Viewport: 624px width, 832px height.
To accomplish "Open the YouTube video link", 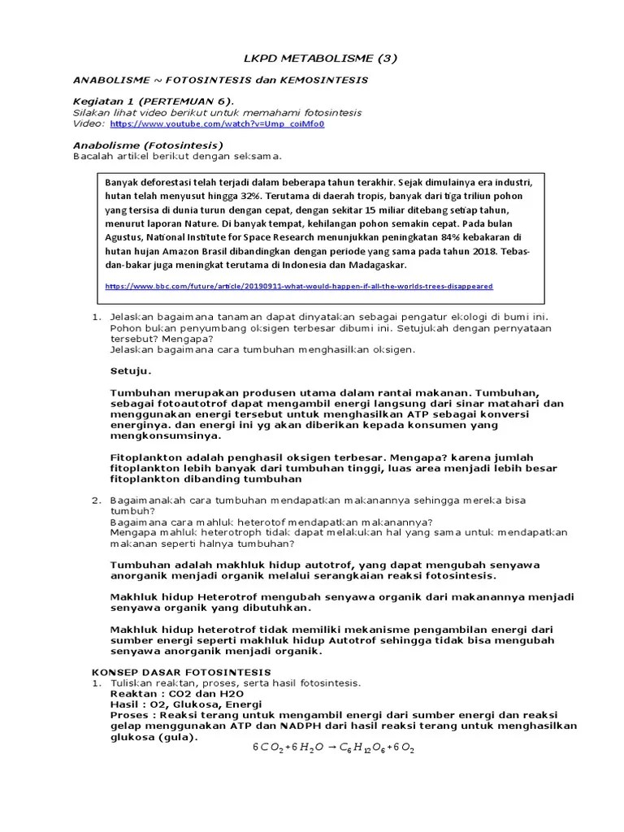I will pyautogui.click(x=217, y=124).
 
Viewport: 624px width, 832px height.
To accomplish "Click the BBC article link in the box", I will pyautogui.click(x=299, y=286).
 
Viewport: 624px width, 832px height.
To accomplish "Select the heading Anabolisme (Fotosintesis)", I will pyautogui.click(x=148, y=145).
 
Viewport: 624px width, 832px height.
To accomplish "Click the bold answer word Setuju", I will pyautogui.click(x=131, y=370).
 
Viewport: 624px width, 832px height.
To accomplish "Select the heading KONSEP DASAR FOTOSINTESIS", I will pyautogui.click(x=180, y=672).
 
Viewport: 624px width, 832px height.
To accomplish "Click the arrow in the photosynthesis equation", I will pyautogui.click(x=332, y=747).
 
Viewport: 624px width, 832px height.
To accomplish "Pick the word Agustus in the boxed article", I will pyautogui.click(x=123, y=237).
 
